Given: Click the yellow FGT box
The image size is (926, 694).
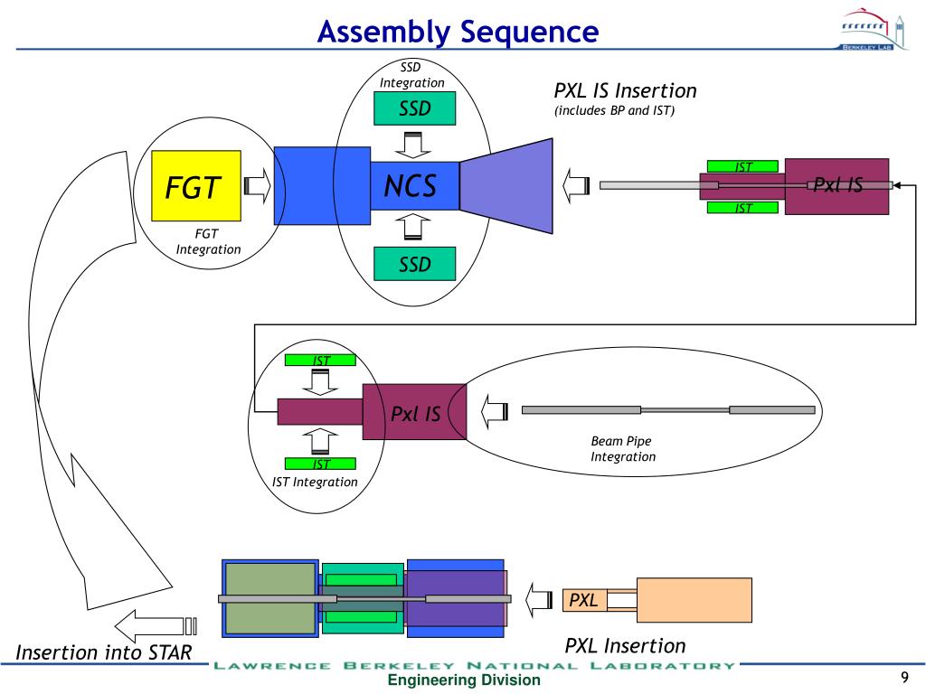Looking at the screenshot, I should (x=195, y=186).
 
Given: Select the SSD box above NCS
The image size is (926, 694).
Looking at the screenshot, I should (x=415, y=109).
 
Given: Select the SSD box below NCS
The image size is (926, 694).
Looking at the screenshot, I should (x=415, y=264).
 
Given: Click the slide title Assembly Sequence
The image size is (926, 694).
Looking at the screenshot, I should (x=458, y=33).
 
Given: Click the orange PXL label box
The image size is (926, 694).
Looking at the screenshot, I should (x=584, y=600).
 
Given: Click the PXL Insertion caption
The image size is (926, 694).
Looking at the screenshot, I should (x=625, y=645).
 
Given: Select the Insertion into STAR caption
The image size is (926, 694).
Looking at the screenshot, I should (x=104, y=652).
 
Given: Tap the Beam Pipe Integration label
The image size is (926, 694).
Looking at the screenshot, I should (x=623, y=449).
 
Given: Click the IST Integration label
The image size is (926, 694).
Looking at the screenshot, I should (x=315, y=482).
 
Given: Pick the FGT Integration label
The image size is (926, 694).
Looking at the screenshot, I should (x=208, y=242).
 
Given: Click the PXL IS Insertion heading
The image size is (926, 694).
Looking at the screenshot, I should (x=625, y=91).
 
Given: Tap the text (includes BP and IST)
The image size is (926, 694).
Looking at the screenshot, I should (x=615, y=111).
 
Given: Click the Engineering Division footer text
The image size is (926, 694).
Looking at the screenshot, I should (x=464, y=680).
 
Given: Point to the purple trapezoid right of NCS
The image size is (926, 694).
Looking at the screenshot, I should (x=511, y=185).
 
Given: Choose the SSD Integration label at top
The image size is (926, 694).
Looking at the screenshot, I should (x=411, y=75).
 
